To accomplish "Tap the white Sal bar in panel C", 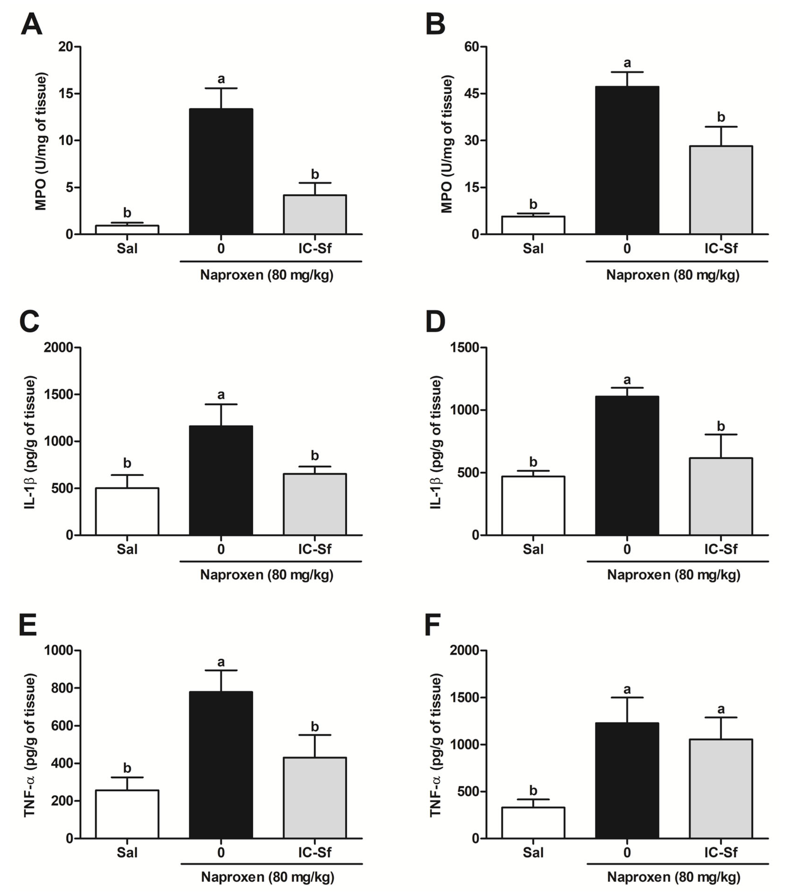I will pyautogui.click(x=127, y=511).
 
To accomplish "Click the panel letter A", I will pyautogui.click(x=31, y=24).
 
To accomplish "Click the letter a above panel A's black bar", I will pyautogui.click(x=221, y=79).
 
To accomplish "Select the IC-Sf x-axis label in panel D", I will pyautogui.click(x=720, y=549).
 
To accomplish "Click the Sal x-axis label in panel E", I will pyautogui.click(x=127, y=852).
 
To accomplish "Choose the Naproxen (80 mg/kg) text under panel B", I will pyautogui.click(x=673, y=275).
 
